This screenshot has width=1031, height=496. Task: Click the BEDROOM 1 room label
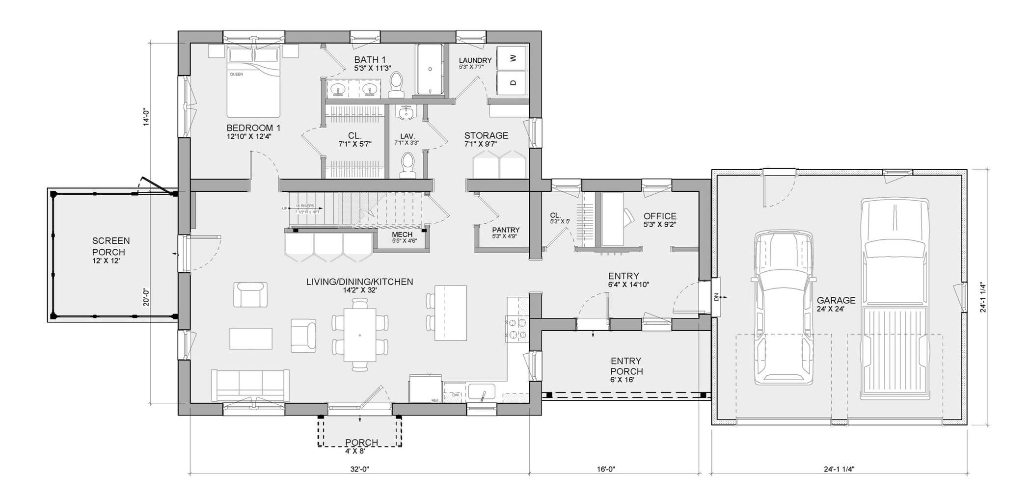tap(253, 128)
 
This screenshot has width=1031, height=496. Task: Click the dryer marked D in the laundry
tap(513, 82)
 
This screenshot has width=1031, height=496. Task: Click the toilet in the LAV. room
tap(407, 165)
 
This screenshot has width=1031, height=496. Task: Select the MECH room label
tap(402, 235)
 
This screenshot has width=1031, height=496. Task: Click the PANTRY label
tap(505, 230)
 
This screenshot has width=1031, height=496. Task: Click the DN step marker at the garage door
tap(716, 297)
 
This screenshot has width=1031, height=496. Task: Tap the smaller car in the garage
tap(783, 307)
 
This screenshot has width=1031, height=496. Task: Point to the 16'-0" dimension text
tap(605, 469)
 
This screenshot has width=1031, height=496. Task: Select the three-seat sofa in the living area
tap(250, 385)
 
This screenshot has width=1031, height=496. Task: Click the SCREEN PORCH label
tap(111, 246)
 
